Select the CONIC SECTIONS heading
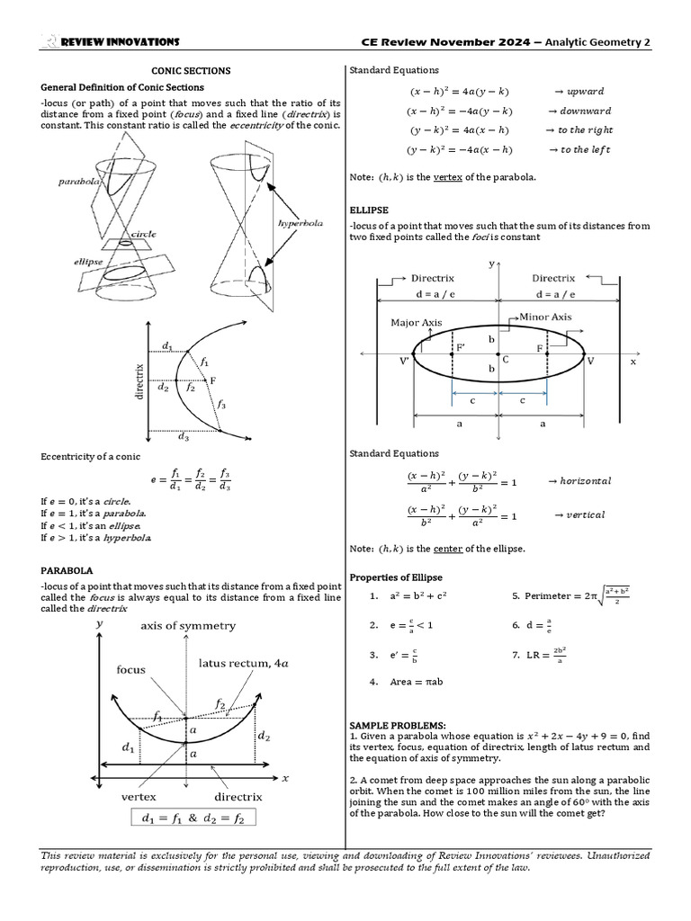pyautogui.click(x=191, y=70)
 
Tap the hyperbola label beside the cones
pyautogui.click(x=301, y=223)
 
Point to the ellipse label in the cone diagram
pyautogui.click(x=90, y=261)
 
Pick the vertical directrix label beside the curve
pyautogui.click(x=139, y=381)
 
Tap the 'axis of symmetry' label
pyautogui.click(x=188, y=625)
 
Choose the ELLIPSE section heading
pyautogui.click(x=368, y=210)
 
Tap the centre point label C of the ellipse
pyautogui.click(x=506, y=359)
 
